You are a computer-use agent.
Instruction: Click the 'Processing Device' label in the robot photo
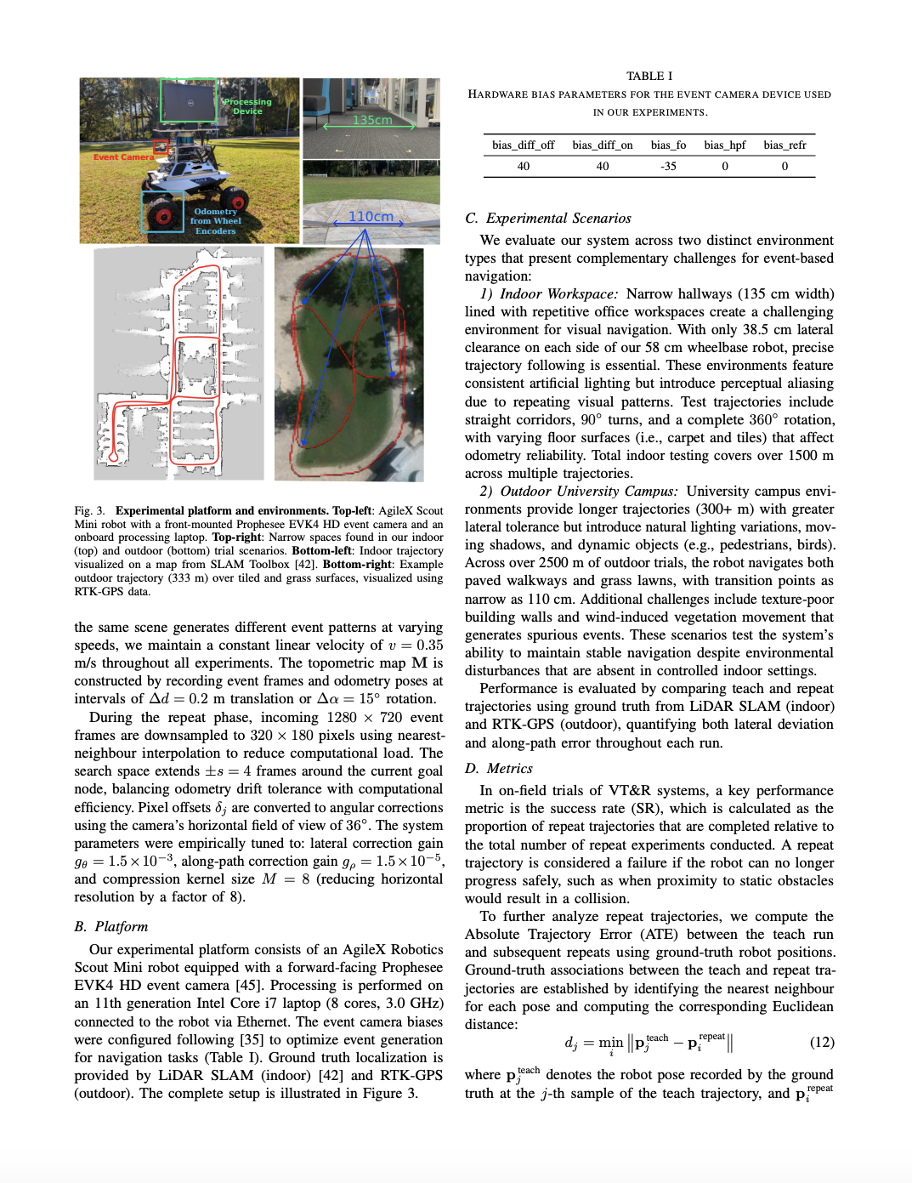click(x=246, y=106)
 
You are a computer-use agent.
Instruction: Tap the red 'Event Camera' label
click(x=123, y=157)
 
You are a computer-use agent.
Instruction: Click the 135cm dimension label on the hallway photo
click(x=372, y=120)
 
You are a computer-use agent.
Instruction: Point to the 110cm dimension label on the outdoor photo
click(x=371, y=217)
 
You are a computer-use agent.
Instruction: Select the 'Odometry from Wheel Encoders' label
click(x=215, y=221)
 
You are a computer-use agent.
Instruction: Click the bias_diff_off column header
click(x=523, y=145)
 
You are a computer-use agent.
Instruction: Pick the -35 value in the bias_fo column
click(x=668, y=166)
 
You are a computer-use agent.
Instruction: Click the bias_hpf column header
click(x=724, y=145)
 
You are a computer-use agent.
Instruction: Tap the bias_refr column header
click(x=785, y=145)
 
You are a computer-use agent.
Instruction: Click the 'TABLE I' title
click(x=649, y=76)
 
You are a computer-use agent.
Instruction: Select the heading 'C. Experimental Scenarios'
click(x=548, y=219)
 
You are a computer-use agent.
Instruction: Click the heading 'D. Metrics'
click(x=499, y=769)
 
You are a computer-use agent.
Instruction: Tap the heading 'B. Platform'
click(x=110, y=927)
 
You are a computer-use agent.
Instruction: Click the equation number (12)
click(x=821, y=1043)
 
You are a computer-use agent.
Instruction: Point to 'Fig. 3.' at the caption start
click(x=89, y=511)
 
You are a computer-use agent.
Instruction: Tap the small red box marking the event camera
click(x=160, y=146)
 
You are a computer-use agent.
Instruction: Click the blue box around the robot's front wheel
click(x=161, y=212)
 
